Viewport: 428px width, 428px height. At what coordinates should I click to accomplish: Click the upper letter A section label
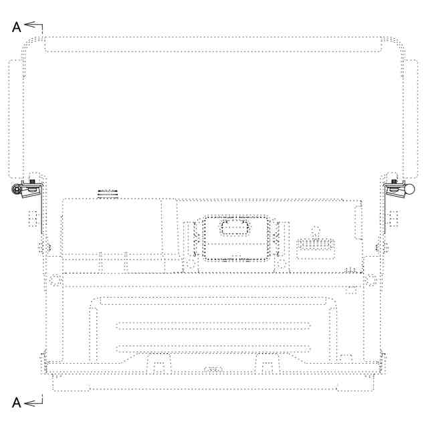[x=16, y=27]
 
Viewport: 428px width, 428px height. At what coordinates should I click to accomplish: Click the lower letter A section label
[x=16, y=403]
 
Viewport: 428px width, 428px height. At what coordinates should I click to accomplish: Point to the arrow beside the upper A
[x=33, y=25]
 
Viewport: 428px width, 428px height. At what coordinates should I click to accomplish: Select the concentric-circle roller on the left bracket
[x=17, y=189]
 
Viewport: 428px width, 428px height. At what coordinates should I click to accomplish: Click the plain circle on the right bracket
[x=409, y=189]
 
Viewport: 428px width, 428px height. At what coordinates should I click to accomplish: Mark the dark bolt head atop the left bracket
[x=32, y=181]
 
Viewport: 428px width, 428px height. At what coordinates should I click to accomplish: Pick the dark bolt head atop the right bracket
[x=394, y=181]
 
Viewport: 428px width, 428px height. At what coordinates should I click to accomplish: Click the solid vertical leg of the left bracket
[x=41, y=209]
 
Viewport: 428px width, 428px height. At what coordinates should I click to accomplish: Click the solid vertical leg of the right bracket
[x=385, y=209]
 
